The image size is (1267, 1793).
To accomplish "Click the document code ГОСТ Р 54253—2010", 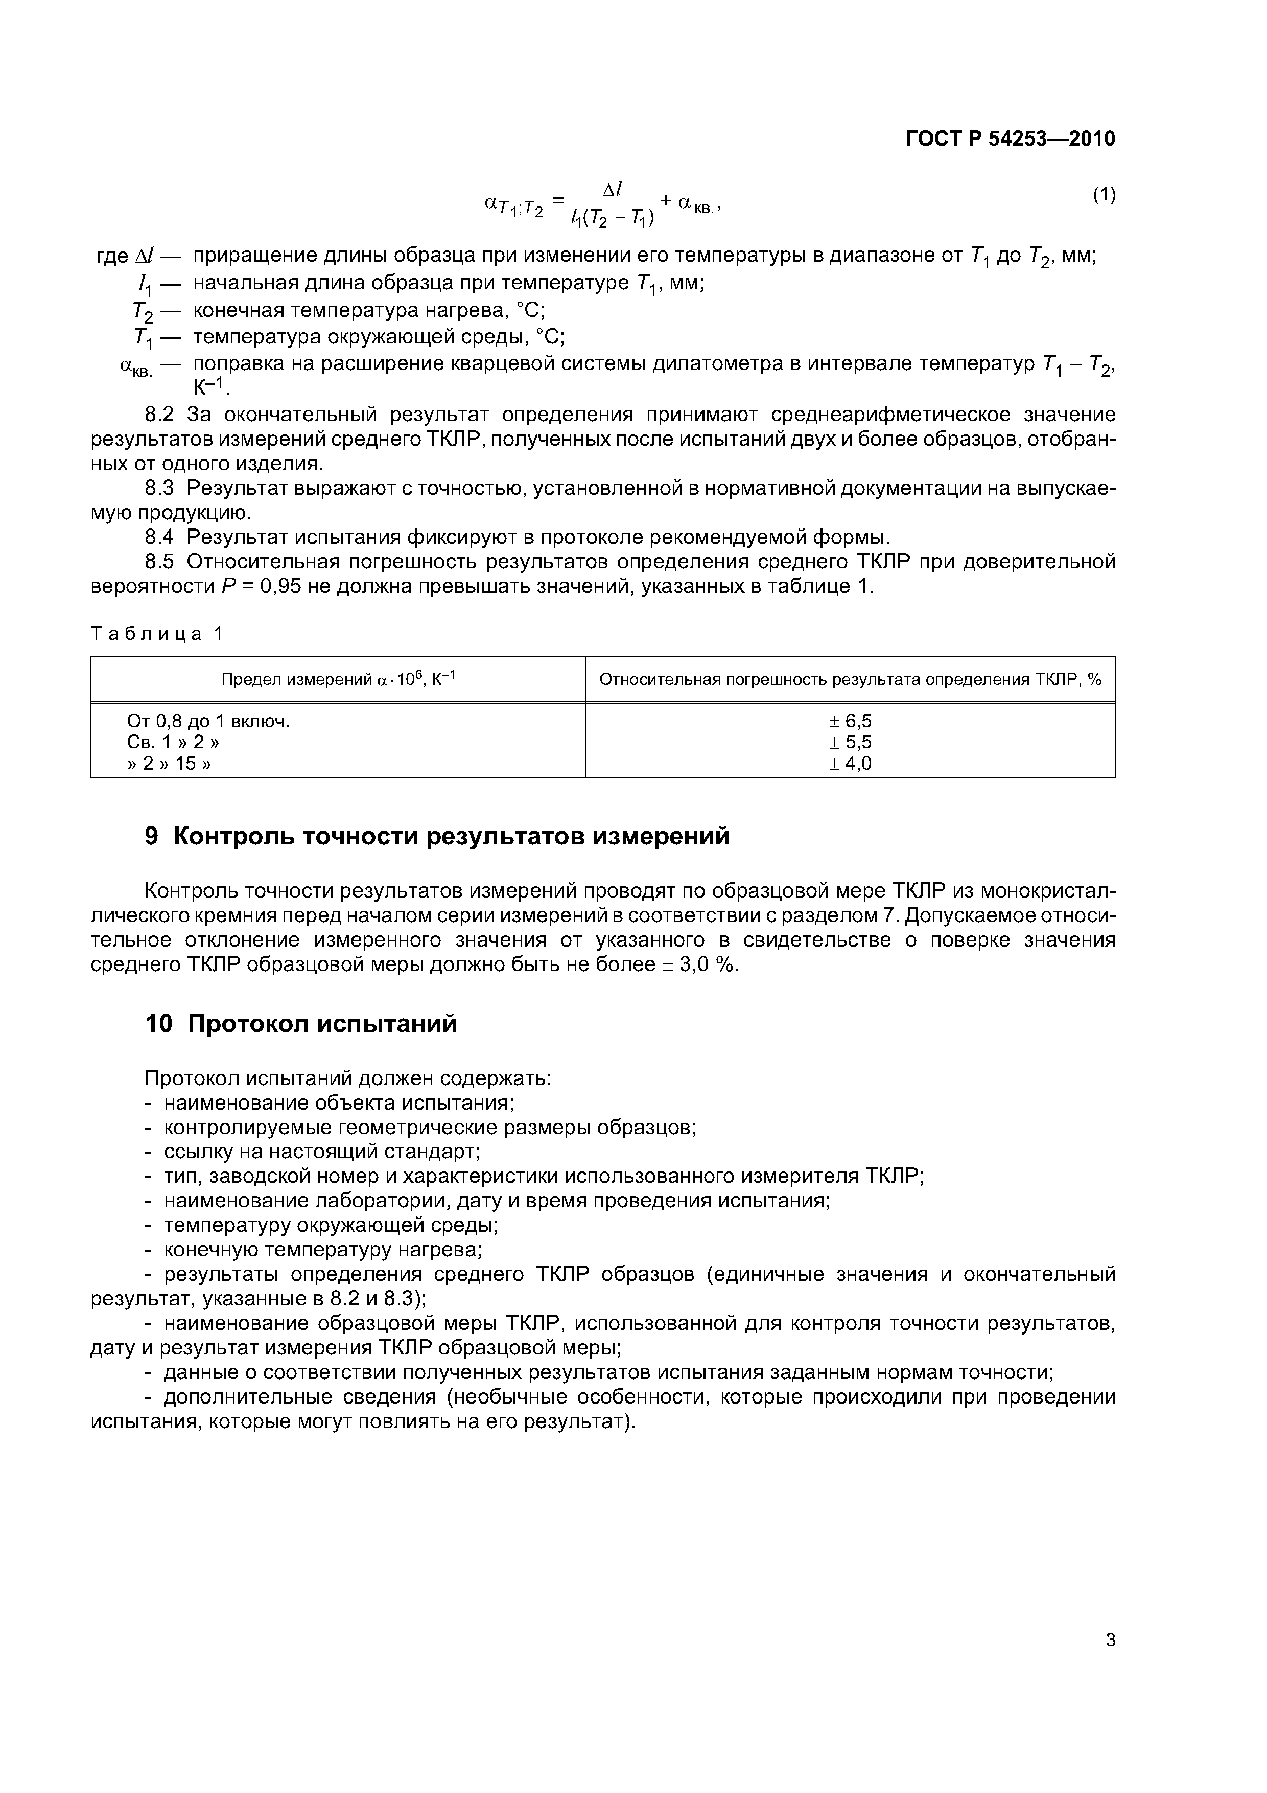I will click(1010, 139).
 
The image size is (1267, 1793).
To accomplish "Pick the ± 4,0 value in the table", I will click(850, 763).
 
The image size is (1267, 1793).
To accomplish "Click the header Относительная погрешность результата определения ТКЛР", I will click(850, 679).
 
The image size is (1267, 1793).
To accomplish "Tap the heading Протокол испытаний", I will click(322, 1024).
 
